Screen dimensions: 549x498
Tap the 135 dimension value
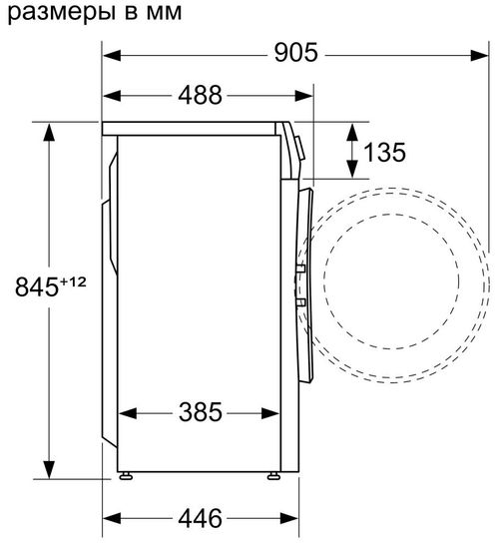tap(384, 152)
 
